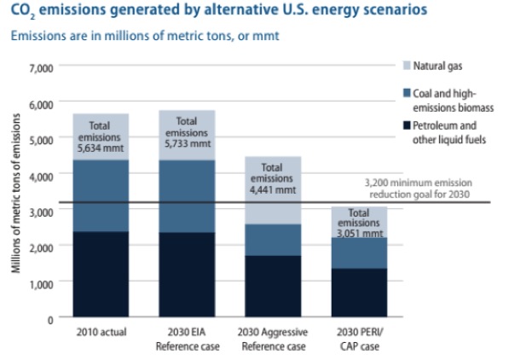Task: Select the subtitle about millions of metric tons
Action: [147, 37]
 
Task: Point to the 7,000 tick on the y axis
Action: [41, 67]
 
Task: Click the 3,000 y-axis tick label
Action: [41, 211]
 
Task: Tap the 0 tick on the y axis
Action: [49, 319]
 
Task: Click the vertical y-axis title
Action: [17, 195]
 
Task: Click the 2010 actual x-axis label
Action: [101, 332]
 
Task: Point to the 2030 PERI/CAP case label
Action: [360, 338]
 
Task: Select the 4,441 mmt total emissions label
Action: [271, 179]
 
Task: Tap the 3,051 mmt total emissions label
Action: [359, 221]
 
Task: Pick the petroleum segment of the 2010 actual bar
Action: [101, 274]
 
